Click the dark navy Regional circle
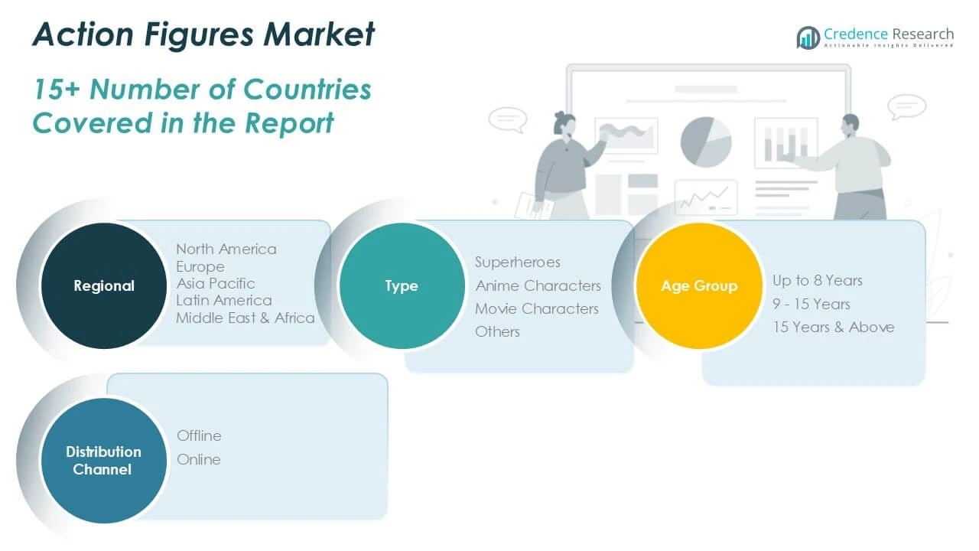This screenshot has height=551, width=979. [x=104, y=286]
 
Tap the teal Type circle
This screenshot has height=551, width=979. [x=402, y=286]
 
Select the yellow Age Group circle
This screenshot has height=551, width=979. [x=699, y=286]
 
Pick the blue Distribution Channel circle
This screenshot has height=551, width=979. [x=104, y=461]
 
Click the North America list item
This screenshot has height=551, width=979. [x=226, y=249]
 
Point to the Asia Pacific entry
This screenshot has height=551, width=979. [x=216, y=283]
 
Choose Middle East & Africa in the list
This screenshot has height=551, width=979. [x=246, y=318]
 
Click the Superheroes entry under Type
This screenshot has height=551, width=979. [x=518, y=262]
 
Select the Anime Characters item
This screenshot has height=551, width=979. [x=538, y=285]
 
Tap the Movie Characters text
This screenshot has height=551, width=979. [x=537, y=308]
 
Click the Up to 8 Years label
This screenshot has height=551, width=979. [x=818, y=280]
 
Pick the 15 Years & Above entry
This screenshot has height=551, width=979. [x=834, y=327]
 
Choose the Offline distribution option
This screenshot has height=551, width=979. [x=199, y=436]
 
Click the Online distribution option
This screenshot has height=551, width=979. [x=199, y=460]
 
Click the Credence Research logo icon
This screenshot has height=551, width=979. [x=808, y=37]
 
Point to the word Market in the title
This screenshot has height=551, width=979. [x=319, y=34]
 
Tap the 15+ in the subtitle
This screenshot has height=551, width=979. [x=57, y=90]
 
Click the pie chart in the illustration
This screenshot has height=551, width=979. [x=706, y=142]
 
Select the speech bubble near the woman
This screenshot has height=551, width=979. [x=508, y=119]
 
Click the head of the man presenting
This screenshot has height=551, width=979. [x=850, y=126]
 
